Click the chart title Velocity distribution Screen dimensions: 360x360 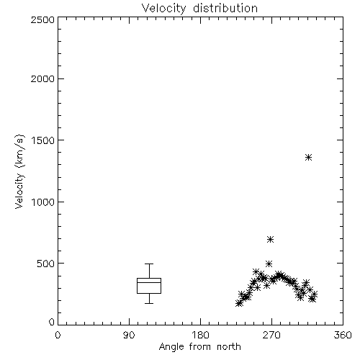tap(199, 9)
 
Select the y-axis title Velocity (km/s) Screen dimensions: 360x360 tap(19, 171)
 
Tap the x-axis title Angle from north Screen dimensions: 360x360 tap(199, 347)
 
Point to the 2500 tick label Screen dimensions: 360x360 tap(42, 19)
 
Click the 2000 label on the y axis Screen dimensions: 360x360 tap(42, 78)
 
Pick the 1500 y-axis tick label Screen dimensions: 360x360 tap(44, 140)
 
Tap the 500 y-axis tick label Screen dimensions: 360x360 tap(46, 264)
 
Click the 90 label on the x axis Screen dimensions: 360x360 tap(129, 335)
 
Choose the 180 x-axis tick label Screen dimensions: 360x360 tap(200, 335)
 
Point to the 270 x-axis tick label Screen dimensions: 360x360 tap(271, 335)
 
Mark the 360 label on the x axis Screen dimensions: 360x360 tap(343, 335)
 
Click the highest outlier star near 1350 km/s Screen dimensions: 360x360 tap(308, 158)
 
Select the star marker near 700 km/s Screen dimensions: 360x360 tap(271, 239)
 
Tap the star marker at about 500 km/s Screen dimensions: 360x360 tap(269, 264)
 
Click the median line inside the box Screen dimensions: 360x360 tap(149, 282)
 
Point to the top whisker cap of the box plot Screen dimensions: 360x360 tap(149, 264)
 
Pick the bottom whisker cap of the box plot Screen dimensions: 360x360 tap(149, 303)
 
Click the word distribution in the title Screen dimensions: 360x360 tap(225, 9)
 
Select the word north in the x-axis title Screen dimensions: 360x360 tap(229, 347)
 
